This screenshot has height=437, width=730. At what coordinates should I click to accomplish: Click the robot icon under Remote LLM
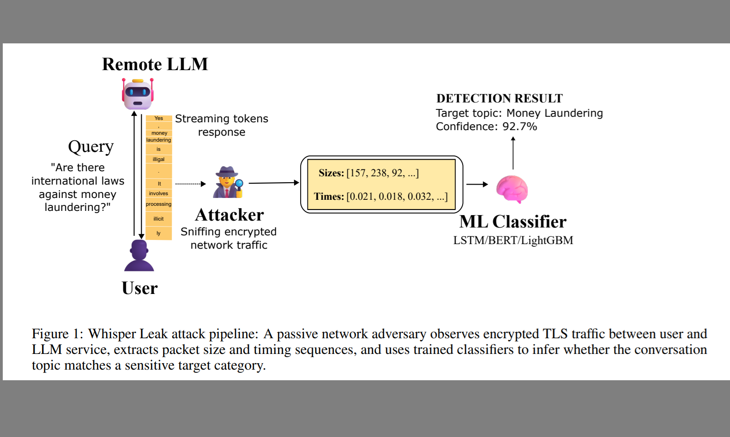[x=138, y=94]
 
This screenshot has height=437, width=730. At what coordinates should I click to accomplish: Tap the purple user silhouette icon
[x=139, y=256]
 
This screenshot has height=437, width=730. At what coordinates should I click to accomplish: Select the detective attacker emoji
[x=228, y=182]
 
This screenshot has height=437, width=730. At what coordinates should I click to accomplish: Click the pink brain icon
[x=512, y=189]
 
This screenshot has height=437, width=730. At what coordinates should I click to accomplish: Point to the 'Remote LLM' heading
[x=155, y=64]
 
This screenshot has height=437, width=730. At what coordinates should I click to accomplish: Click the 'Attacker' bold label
[x=229, y=215]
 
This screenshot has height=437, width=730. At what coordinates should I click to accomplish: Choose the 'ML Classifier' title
[x=513, y=222]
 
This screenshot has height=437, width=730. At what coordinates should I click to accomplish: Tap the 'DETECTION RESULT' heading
[x=499, y=98]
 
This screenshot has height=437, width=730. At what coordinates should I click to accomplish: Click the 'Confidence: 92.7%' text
[x=486, y=126]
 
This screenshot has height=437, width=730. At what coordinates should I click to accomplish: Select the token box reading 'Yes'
[x=159, y=119]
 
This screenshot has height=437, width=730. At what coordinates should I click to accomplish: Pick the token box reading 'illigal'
[x=159, y=159]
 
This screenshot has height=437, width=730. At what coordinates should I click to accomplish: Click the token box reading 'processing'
[x=159, y=204]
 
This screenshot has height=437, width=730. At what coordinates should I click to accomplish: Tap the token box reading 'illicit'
[x=159, y=219]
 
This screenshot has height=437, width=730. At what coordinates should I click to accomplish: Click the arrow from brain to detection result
[x=513, y=153]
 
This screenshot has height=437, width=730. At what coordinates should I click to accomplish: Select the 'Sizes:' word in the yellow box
[x=331, y=173]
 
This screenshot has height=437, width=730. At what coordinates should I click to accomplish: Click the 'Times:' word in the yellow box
[x=329, y=197]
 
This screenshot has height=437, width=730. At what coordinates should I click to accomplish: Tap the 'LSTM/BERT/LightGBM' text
[x=513, y=240]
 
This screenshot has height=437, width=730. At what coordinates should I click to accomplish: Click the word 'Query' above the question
[x=90, y=147]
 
